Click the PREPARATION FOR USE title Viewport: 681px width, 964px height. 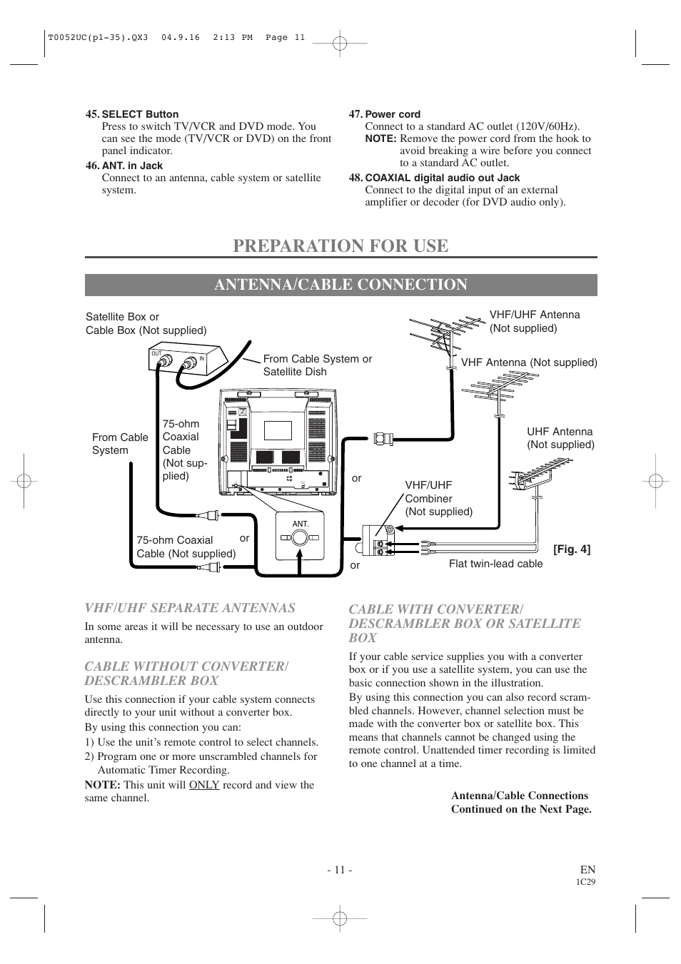[340, 245]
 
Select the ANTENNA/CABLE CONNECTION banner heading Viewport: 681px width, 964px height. [340, 285]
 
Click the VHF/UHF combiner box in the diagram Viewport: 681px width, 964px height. [378, 540]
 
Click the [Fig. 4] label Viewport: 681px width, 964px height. [572, 549]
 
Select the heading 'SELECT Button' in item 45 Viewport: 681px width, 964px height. [140, 114]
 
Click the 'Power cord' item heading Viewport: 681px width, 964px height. [393, 114]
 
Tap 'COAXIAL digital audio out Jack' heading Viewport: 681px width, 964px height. [442, 178]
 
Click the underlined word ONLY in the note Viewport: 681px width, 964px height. [204, 785]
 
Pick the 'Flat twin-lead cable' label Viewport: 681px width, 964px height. [495, 564]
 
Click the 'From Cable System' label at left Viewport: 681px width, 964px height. [120, 444]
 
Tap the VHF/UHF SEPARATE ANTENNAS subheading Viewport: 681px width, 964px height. [190, 608]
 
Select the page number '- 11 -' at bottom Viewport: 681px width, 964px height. [340, 869]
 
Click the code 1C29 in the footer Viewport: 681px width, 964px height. [585, 882]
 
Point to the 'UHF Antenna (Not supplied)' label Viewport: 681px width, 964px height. [560, 438]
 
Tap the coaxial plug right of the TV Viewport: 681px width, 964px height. [383, 437]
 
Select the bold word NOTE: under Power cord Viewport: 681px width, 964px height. [380, 138]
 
